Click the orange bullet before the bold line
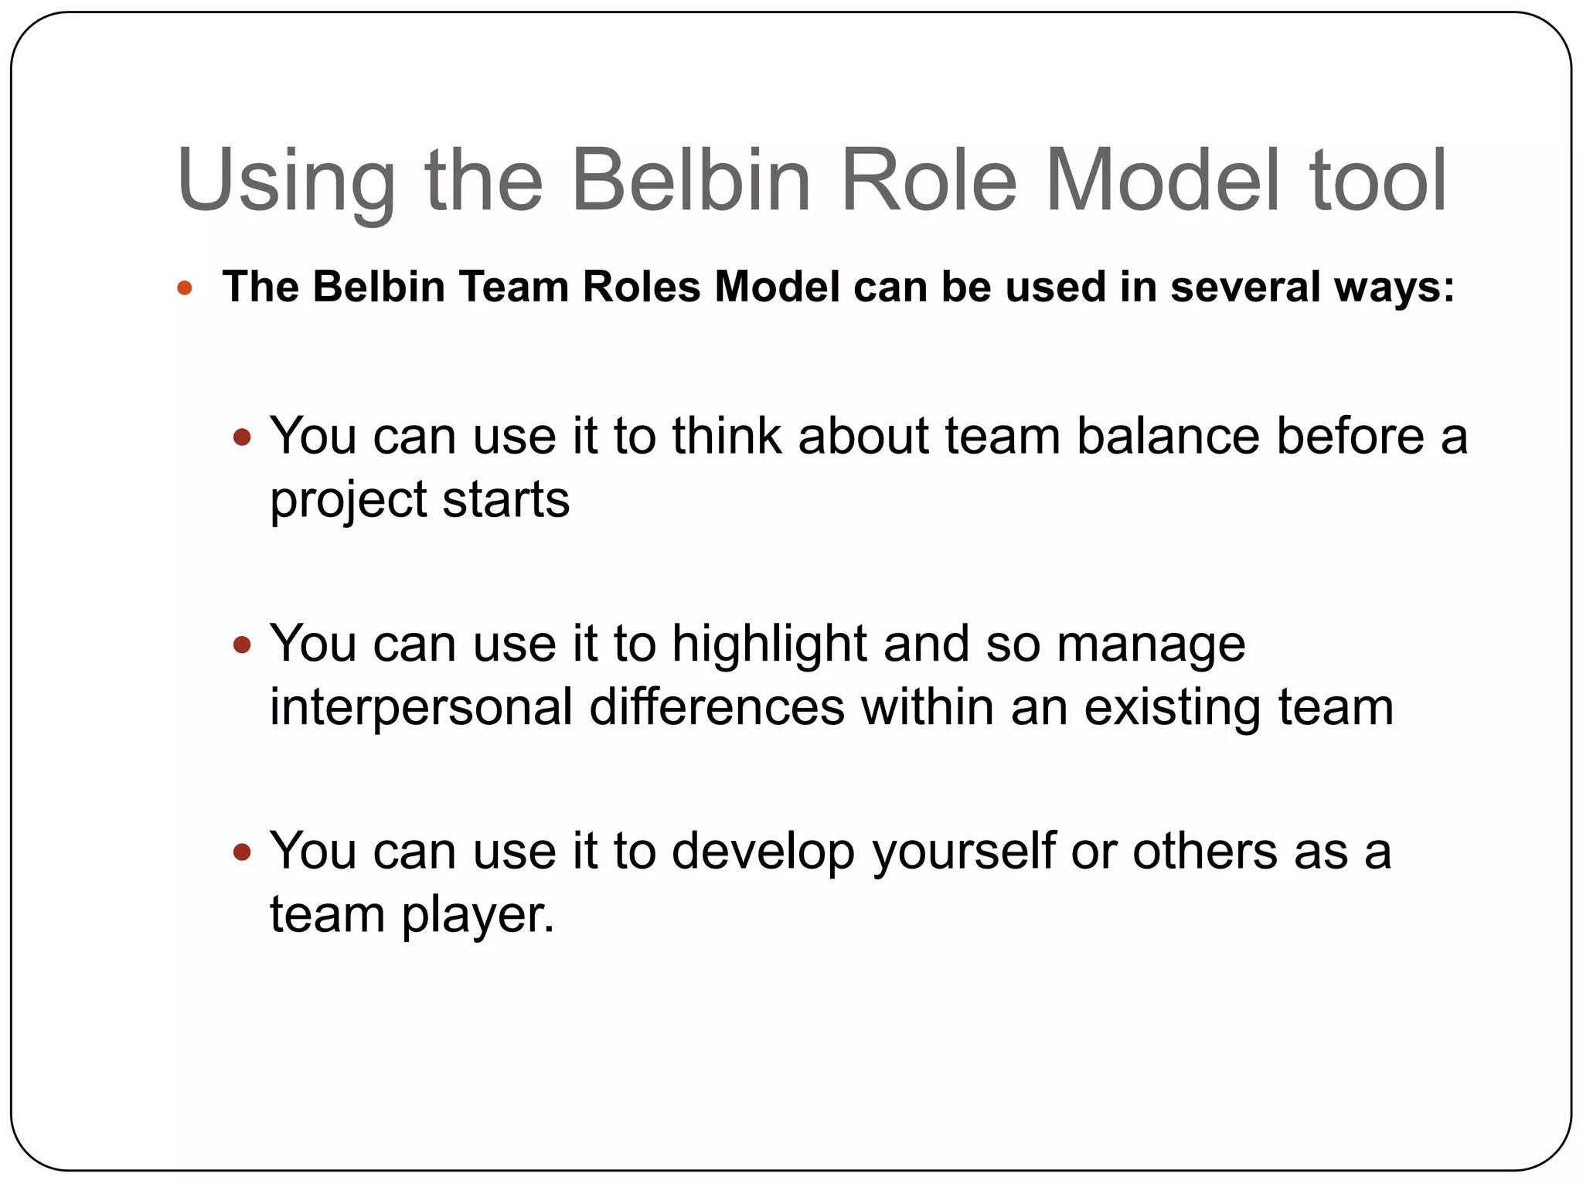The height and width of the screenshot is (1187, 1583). click(x=184, y=289)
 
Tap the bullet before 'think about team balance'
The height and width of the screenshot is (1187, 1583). click(x=243, y=437)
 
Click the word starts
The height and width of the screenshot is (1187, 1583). click(x=506, y=500)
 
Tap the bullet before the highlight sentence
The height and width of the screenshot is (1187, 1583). click(x=243, y=645)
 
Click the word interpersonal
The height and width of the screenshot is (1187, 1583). click(x=420, y=708)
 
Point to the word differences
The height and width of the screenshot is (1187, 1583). click(x=717, y=707)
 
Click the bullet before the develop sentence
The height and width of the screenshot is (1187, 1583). click(x=243, y=852)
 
